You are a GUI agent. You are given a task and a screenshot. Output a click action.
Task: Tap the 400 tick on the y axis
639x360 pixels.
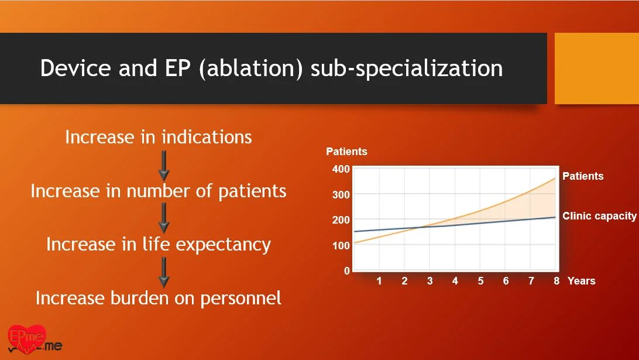point(341,169)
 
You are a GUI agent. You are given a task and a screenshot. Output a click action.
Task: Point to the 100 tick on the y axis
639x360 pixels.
point(341,246)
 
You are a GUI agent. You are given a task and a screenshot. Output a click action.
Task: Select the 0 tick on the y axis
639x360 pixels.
point(347,271)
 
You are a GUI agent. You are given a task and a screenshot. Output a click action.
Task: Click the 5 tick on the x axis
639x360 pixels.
point(480,281)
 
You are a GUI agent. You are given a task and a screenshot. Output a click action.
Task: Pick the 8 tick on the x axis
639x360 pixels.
point(556,281)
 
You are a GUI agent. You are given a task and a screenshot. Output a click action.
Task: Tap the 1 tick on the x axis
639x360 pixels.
point(379,281)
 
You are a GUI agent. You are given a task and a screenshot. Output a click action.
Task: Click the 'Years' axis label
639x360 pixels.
point(582,281)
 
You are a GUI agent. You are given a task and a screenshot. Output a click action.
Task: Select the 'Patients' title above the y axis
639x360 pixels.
point(347,152)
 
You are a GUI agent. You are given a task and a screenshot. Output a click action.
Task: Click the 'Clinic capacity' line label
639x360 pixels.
point(599,216)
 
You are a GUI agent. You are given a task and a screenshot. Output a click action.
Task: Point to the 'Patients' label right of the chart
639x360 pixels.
point(583,176)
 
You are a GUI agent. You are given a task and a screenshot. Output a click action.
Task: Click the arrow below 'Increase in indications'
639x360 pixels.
point(164,166)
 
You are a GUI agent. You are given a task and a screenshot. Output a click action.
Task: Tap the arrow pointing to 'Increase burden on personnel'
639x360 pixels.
point(164,273)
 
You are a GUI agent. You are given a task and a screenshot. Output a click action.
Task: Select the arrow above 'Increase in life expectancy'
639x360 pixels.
point(164,218)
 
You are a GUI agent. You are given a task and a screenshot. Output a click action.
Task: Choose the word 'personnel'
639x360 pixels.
point(241,299)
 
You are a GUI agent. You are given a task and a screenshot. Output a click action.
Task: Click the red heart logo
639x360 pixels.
point(27,338)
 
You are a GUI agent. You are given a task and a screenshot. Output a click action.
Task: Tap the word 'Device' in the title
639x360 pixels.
point(75,68)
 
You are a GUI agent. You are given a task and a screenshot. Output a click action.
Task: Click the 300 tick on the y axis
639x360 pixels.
point(341,195)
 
